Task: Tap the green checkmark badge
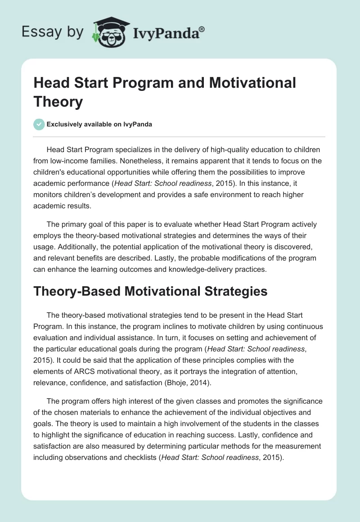pos(39,124)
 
